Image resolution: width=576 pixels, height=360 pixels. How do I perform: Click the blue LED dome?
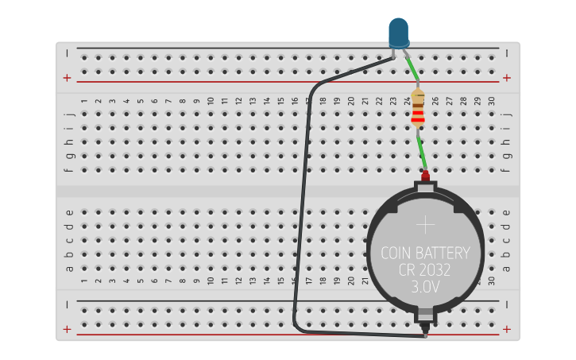pos(399,33)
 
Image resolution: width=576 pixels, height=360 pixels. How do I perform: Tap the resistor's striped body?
pos(417,110)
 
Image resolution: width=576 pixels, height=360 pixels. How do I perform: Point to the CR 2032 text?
pos(425,270)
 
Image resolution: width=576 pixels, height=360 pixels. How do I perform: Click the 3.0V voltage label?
pos(427,287)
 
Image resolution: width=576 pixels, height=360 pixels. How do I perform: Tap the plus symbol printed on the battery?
pos(427,224)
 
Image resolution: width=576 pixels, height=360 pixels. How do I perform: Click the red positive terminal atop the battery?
pos(425,175)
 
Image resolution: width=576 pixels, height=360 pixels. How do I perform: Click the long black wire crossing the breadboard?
pos(301,207)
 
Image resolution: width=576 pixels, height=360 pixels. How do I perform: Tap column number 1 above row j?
pos(84,101)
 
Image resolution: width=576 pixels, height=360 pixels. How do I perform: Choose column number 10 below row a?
pos(210,281)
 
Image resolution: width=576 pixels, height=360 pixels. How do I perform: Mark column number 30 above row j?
pos(491,101)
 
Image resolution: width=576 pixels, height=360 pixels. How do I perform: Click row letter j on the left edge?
pos(69,114)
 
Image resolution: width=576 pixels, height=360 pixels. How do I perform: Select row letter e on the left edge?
pos(69,212)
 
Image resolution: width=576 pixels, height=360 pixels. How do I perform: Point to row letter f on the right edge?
pos(507,169)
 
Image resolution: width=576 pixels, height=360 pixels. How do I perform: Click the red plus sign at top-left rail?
pos(67,78)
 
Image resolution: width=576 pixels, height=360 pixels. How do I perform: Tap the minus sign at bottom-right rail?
pos(507,304)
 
